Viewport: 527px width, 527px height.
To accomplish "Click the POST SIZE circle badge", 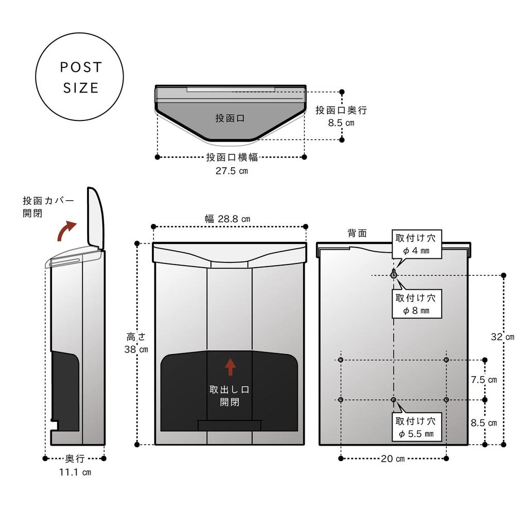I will pyautogui.click(x=79, y=77).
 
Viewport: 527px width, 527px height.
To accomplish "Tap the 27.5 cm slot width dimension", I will pyautogui.click(x=231, y=171).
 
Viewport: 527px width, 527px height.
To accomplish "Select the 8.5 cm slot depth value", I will pyautogui.click(x=341, y=122).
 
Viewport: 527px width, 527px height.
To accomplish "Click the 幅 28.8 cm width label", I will pyautogui.click(x=227, y=219).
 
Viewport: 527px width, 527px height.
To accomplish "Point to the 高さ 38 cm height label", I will pyautogui.click(x=136, y=343).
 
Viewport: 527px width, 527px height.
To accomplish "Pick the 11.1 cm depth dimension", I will pyautogui.click(x=75, y=472).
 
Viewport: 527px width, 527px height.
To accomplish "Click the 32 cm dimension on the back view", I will pyautogui.click(x=502, y=337).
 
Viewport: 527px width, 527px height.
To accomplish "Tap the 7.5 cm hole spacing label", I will pyautogui.click(x=484, y=380).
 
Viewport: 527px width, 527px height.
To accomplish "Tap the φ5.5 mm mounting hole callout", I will pyautogui.click(x=416, y=428).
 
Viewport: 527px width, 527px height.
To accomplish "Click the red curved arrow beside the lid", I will pyautogui.click(x=66, y=231).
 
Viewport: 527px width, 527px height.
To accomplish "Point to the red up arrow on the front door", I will pyautogui.click(x=230, y=366).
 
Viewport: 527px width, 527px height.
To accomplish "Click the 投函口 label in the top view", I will pyautogui.click(x=230, y=118).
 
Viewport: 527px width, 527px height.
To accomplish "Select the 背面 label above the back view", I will pyautogui.click(x=357, y=233).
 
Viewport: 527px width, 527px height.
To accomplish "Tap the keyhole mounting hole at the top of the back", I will pyautogui.click(x=394, y=274).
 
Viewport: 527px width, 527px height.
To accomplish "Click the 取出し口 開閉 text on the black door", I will pyautogui.click(x=230, y=395).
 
